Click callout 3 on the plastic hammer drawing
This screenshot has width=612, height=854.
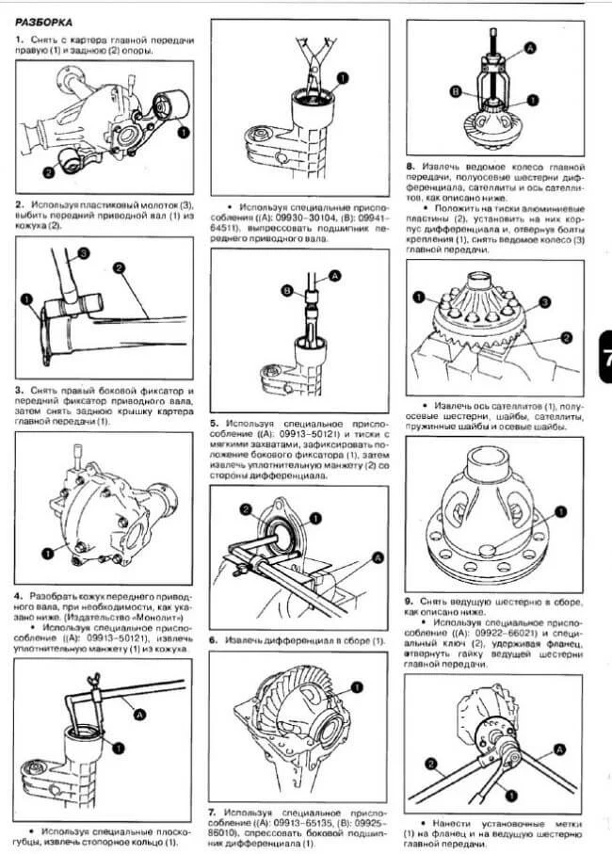tap(84, 253)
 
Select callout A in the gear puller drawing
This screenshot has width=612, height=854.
tap(531, 46)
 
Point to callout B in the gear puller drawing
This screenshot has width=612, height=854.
tap(455, 91)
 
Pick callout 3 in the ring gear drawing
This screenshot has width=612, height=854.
tap(542, 302)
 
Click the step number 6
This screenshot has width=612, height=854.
tap(214, 639)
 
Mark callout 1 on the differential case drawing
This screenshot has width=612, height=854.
tap(558, 512)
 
